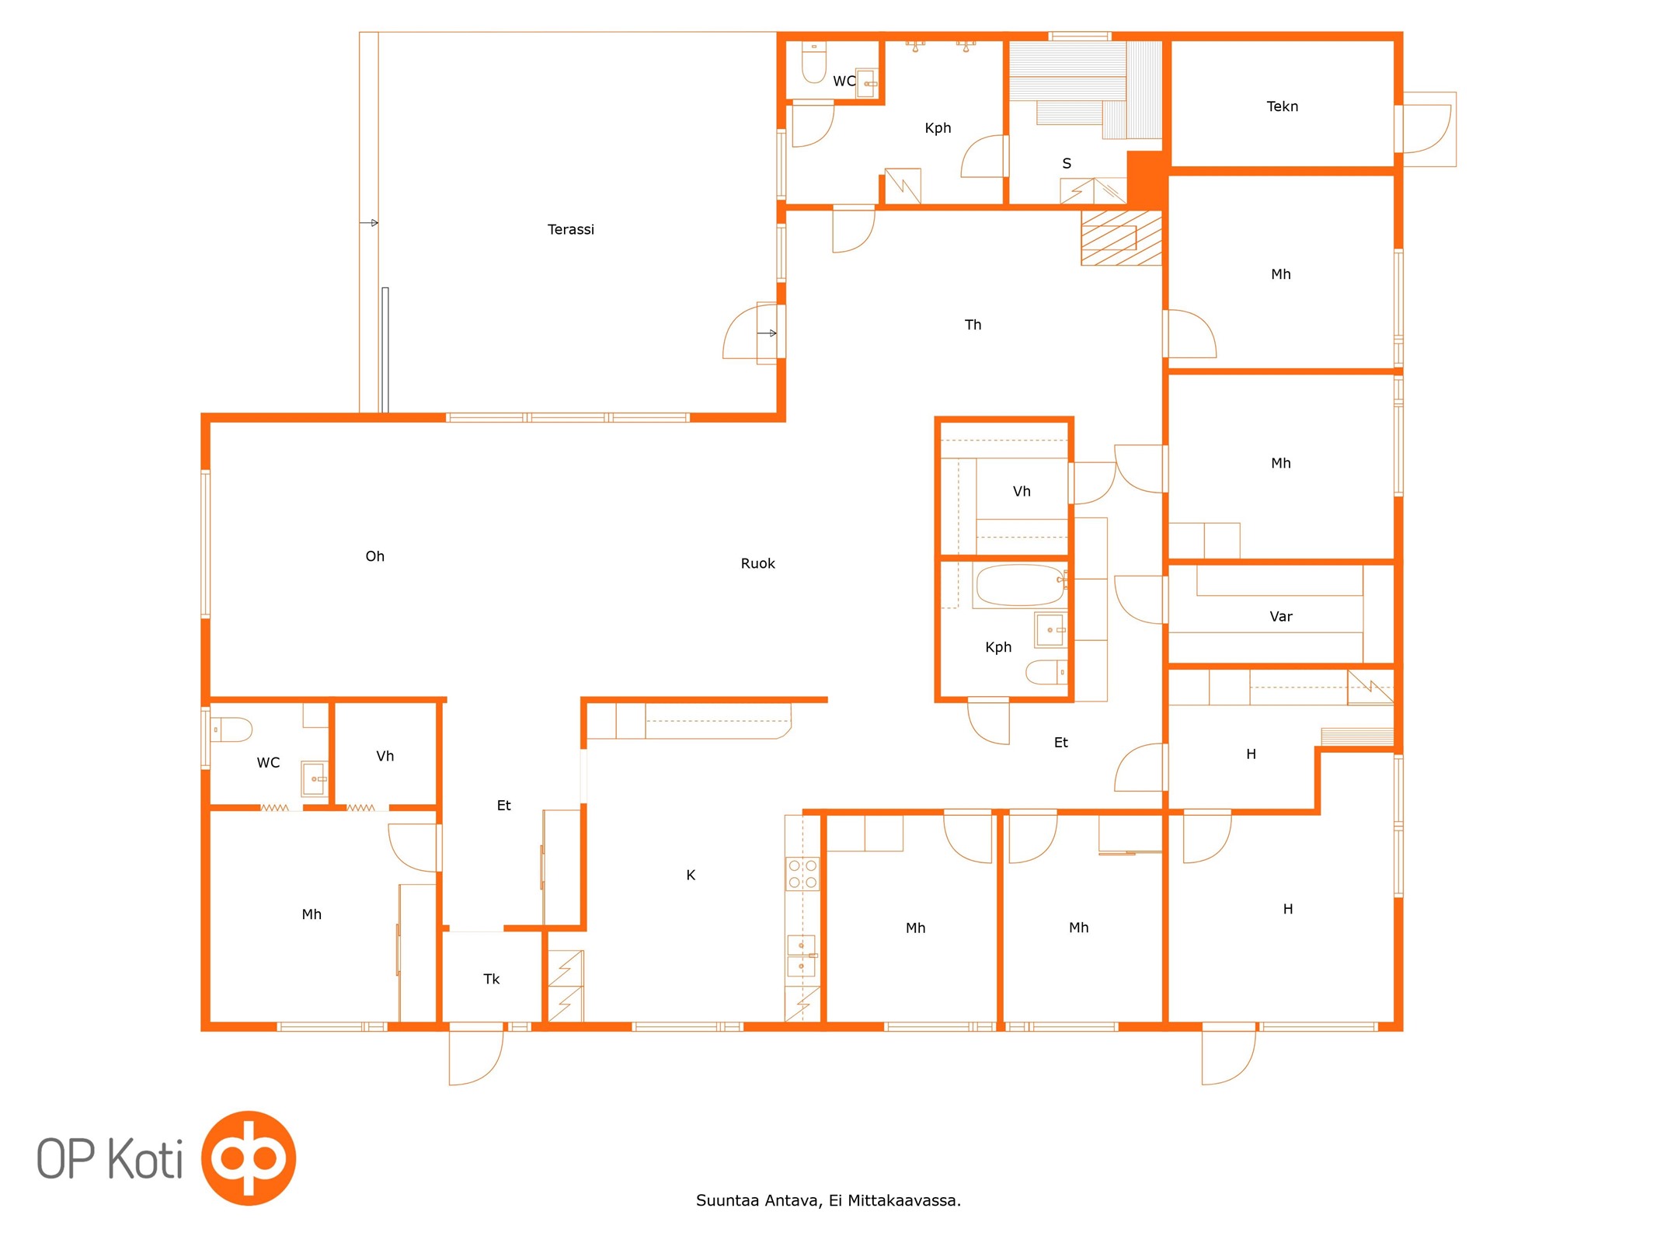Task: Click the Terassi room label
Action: [570, 229]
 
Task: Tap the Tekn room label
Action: [1282, 106]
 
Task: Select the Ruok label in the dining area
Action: [757, 563]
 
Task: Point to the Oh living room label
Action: [374, 556]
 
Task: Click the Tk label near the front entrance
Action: [491, 979]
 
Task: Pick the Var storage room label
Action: [1280, 617]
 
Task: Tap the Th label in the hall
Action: [973, 325]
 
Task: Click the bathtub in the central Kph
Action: [1019, 586]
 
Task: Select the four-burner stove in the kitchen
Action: [802, 873]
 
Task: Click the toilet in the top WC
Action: [813, 62]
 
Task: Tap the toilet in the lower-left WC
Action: [231, 729]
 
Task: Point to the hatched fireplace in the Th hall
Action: [1121, 238]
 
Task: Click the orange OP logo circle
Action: [249, 1158]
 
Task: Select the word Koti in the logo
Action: [144, 1158]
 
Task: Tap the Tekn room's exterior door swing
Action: [1426, 129]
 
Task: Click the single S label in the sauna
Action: [1067, 164]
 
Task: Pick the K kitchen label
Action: [690, 875]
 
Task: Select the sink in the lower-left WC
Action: [315, 778]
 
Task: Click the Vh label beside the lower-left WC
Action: [385, 756]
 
